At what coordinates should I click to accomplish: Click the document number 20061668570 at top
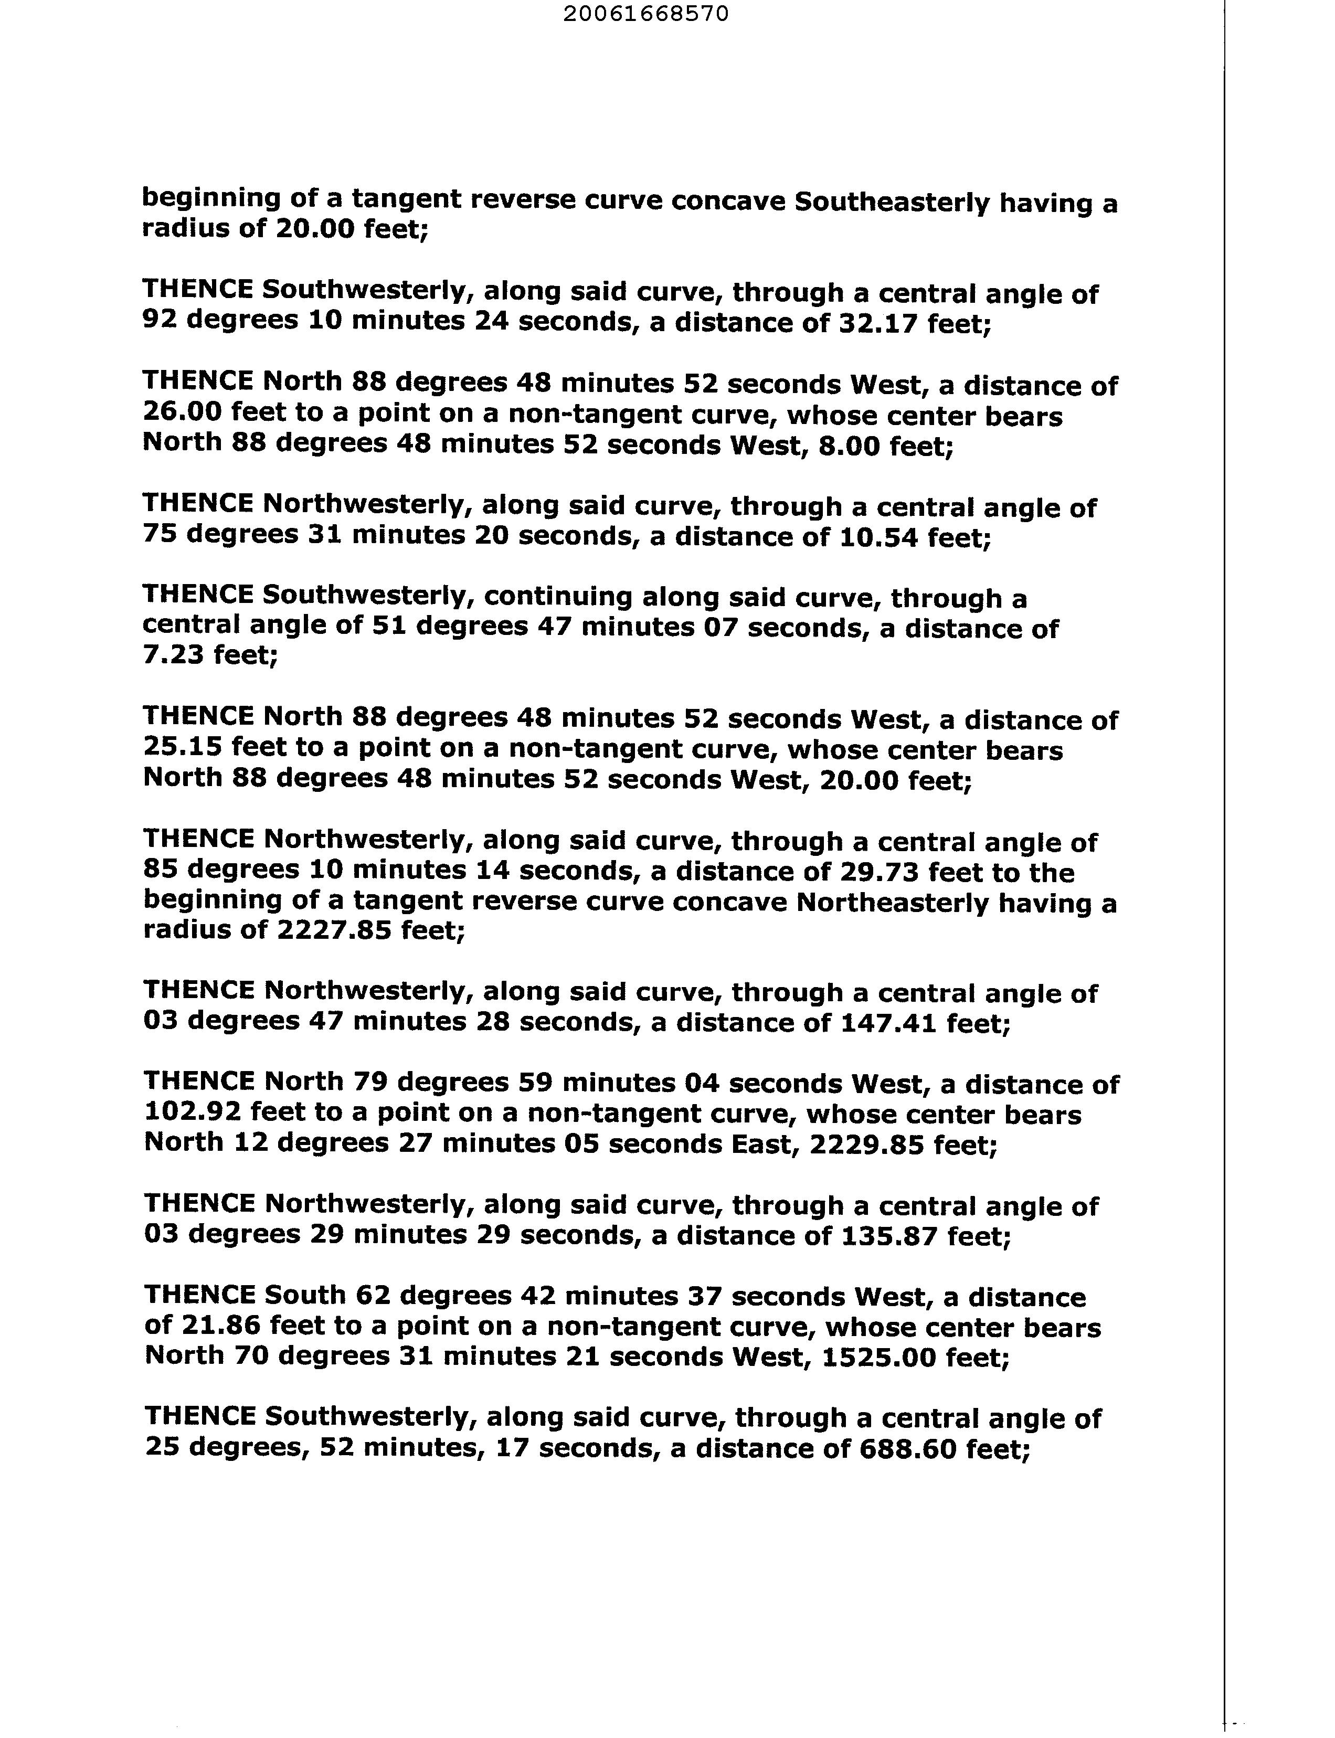point(645,14)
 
